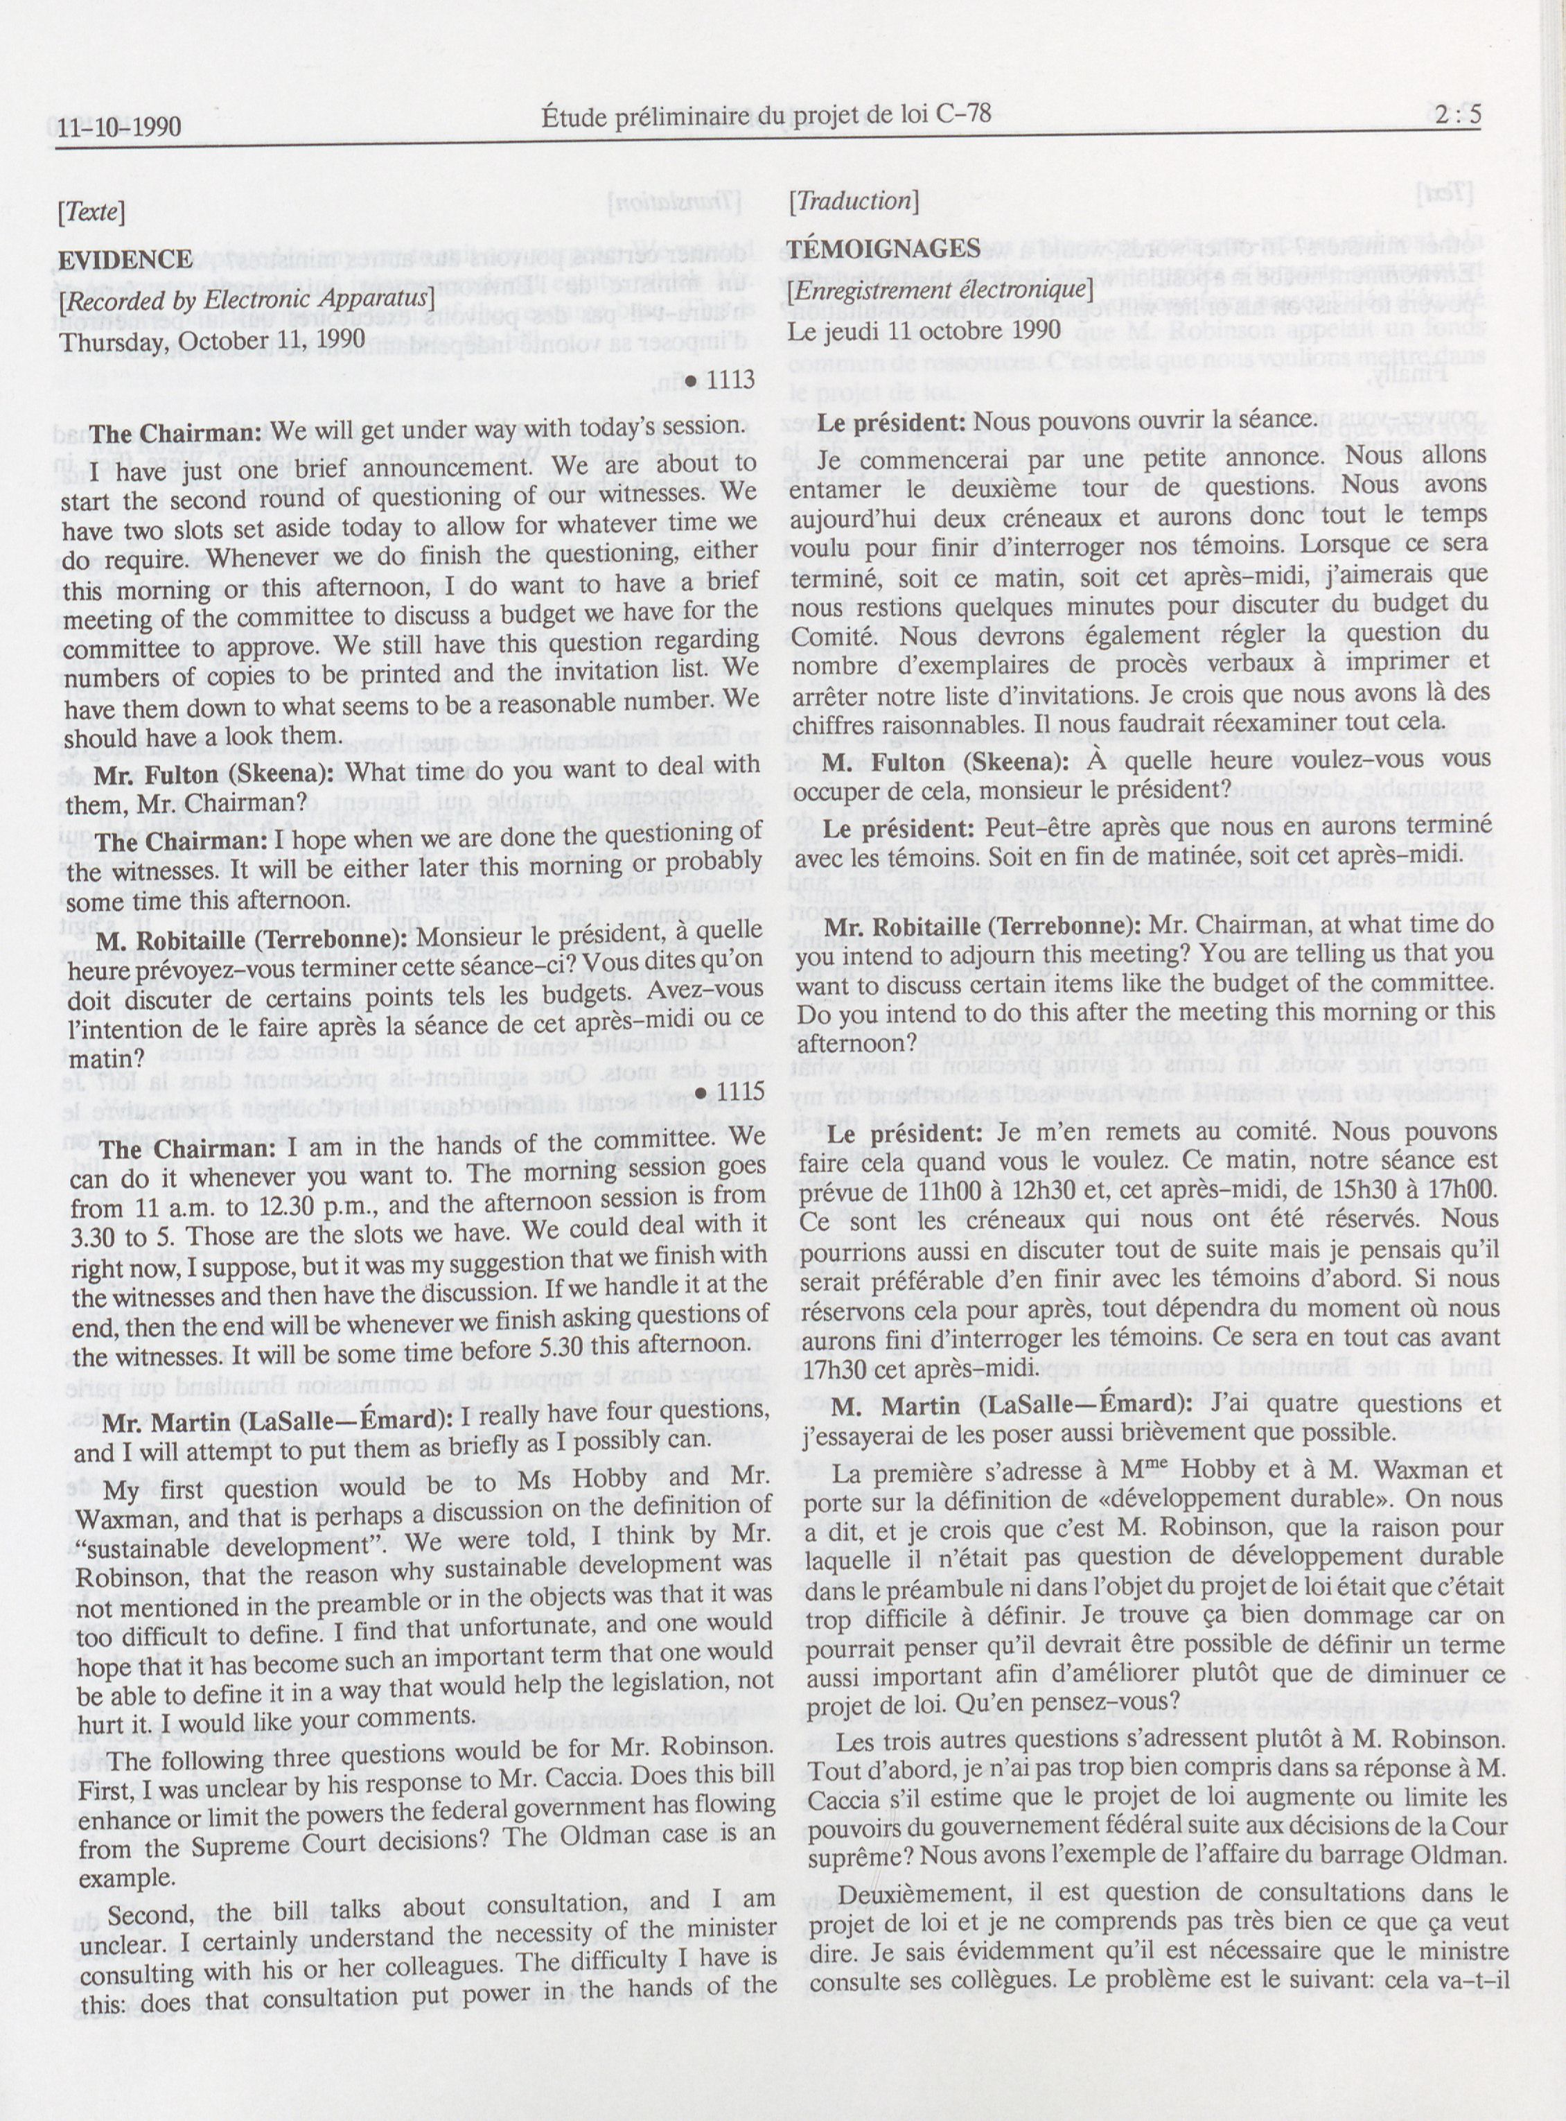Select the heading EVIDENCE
click(x=125, y=260)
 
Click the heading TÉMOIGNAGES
click(x=883, y=250)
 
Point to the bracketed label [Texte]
click(x=91, y=212)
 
